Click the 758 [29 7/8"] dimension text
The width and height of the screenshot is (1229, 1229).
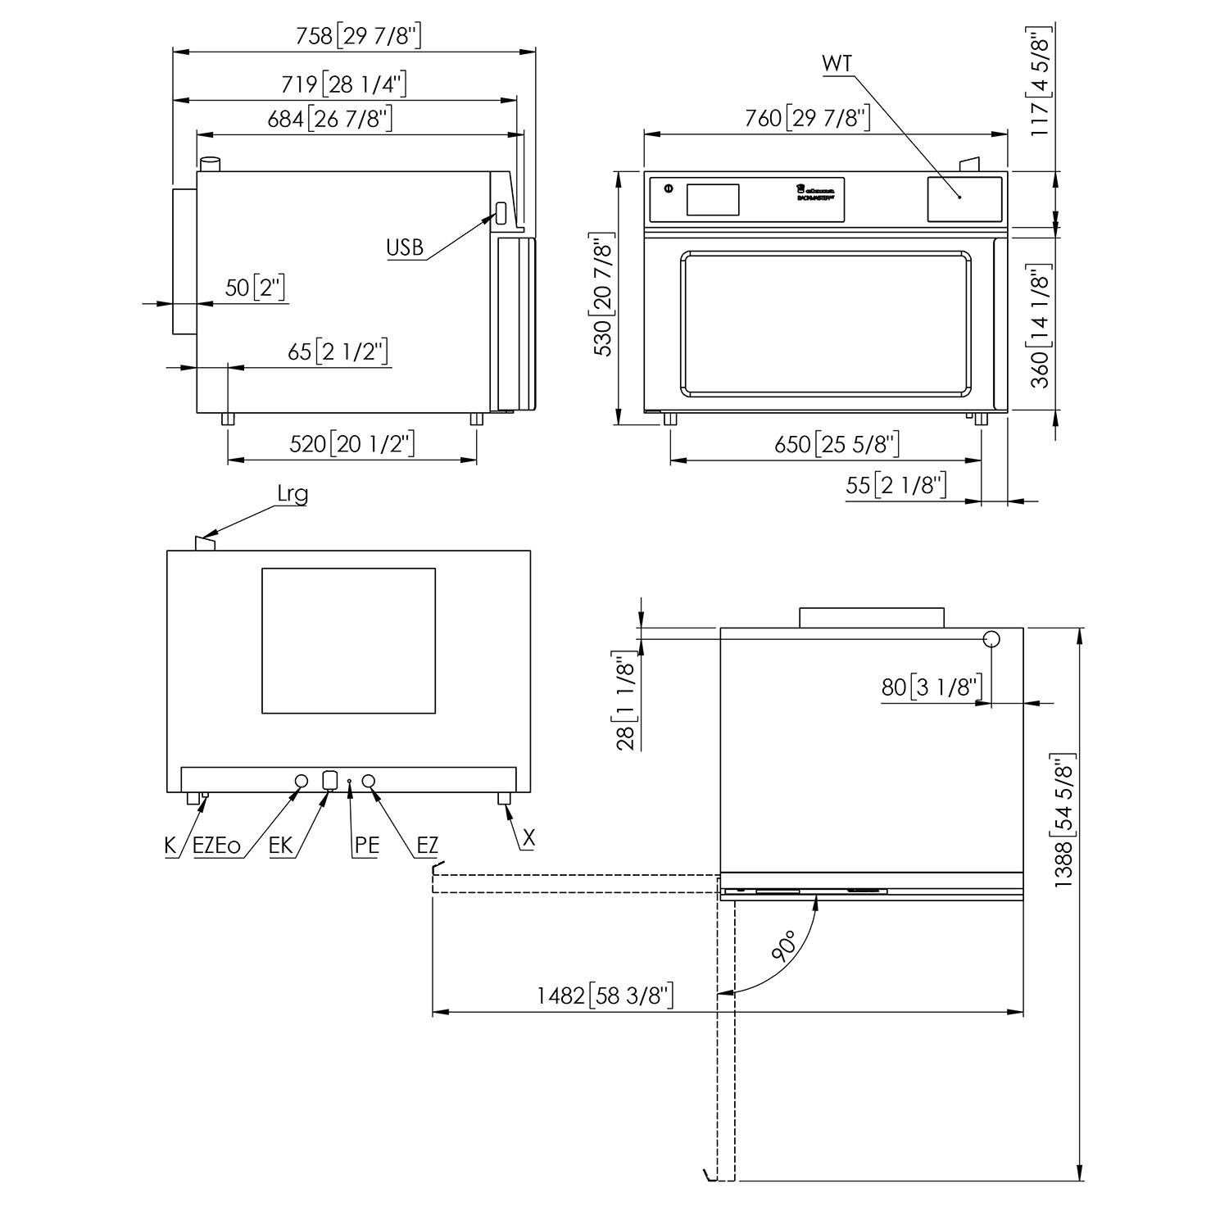359,35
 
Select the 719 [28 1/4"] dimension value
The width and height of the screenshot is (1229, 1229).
344,84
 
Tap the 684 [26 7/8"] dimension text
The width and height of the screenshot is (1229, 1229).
330,119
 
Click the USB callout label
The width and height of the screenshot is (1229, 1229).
405,247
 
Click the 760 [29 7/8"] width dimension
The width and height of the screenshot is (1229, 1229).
807,119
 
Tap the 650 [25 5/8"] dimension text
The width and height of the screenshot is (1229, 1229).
837,444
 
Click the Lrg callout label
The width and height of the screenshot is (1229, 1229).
293,494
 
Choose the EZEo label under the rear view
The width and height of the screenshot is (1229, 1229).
216,846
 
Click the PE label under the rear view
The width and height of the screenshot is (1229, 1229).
366,846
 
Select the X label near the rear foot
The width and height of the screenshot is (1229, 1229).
529,837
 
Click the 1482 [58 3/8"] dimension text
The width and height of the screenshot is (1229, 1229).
605,995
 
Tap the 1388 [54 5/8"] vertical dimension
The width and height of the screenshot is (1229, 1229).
1063,819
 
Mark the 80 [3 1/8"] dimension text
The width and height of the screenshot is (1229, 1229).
931,687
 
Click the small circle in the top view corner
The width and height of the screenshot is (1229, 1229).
991,638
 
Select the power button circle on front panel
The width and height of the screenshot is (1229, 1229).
668,188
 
